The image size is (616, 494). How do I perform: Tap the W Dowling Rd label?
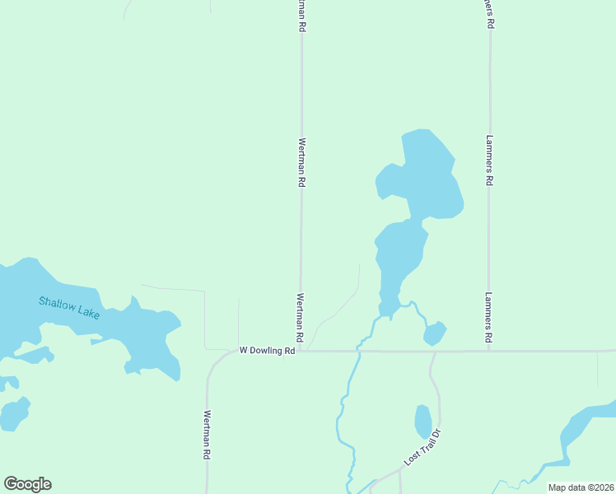click(267, 351)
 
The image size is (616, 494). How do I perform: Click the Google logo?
click(27, 484)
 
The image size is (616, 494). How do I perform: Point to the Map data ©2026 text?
click(581, 487)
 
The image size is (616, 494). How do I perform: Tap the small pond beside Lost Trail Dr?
click(423, 422)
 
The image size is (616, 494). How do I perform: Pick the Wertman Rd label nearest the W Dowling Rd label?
click(301, 319)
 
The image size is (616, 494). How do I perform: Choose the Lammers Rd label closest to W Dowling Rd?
click(489, 318)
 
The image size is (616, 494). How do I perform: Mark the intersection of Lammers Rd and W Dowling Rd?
click(489, 351)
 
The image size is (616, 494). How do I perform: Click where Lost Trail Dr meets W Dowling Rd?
click(433, 352)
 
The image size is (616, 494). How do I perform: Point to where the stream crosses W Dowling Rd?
click(359, 352)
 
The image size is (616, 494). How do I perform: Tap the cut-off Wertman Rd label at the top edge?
click(302, 16)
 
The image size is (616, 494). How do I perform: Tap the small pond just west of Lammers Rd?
click(434, 333)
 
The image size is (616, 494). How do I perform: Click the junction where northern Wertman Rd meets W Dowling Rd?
click(301, 352)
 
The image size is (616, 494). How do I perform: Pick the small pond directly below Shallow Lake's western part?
click(14, 413)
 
